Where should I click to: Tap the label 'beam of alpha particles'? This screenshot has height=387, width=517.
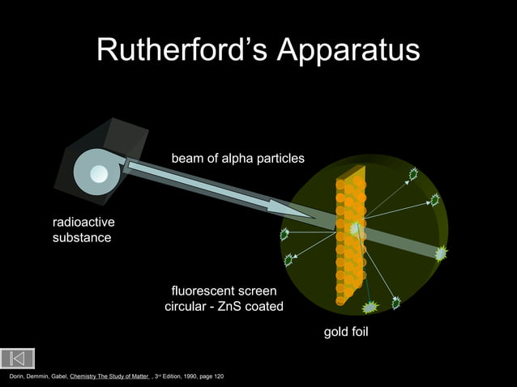pos(237,158)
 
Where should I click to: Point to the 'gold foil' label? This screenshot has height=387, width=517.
pos(346,331)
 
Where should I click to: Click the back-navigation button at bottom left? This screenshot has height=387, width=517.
pos(18,358)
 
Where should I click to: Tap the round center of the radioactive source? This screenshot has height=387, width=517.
pos(99,172)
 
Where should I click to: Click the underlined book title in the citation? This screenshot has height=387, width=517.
pos(109,377)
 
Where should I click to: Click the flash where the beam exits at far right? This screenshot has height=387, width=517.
pos(441,254)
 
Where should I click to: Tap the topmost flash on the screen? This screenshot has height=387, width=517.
pos(412,174)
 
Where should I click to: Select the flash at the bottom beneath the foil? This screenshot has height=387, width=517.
pos(370,307)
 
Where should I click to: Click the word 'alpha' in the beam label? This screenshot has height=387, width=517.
pos(235,158)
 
